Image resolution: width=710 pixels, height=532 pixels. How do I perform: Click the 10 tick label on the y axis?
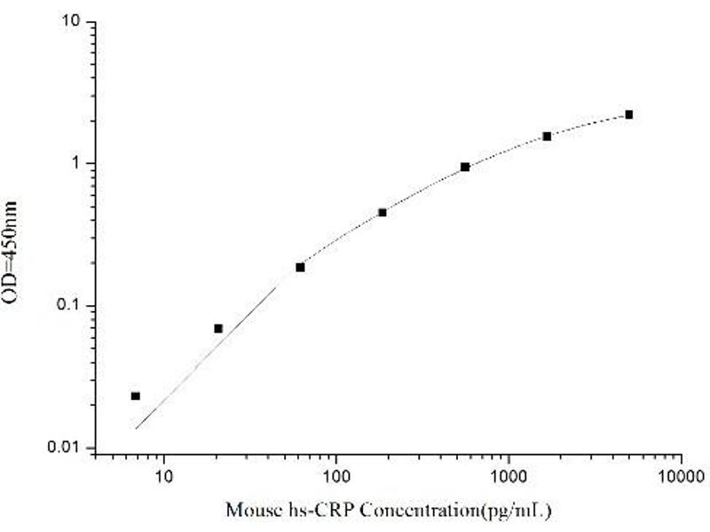click(x=74, y=20)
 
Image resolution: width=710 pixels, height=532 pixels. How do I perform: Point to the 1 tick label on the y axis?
click(x=79, y=163)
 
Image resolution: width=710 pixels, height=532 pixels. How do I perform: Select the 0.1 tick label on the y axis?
click(x=71, y=305)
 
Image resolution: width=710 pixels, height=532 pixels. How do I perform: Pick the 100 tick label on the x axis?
click(x=335, y=475)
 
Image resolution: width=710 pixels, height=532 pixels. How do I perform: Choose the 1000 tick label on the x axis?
click(x=508, y=475)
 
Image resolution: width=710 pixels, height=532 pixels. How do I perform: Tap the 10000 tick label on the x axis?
click(x=680, y=475)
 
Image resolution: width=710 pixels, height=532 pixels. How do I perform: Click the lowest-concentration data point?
click(x=135, y=395)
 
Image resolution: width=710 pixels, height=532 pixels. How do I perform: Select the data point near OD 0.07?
click(x=218, y=328)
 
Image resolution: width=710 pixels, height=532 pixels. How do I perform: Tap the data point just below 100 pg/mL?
click(x=300, y=267)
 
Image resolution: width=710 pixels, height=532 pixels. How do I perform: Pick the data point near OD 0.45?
click(x=383, y=212)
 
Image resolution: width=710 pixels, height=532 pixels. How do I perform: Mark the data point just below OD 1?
click(x=465, y=167)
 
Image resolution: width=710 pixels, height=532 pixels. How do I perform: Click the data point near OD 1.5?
click(x=547, y=136)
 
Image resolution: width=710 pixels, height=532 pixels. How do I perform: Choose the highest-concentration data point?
click(x=629, y=114)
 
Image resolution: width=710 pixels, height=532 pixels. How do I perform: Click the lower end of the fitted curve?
click(x=137, y=428)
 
